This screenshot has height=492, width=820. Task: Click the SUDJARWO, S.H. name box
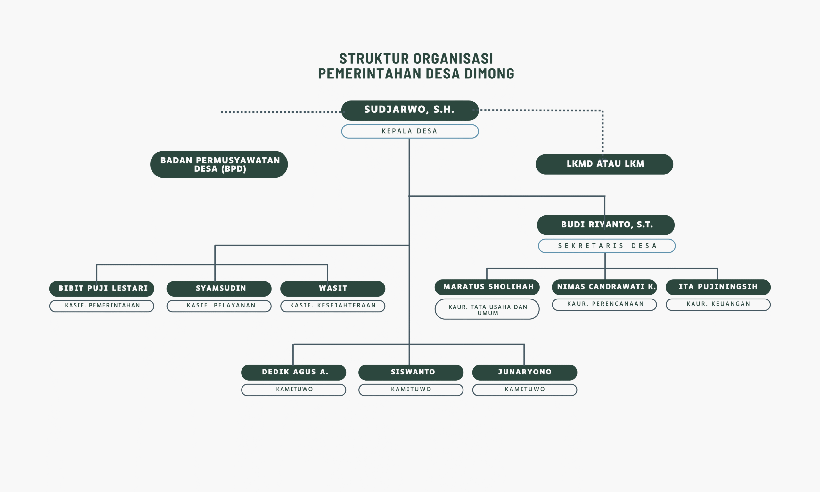click(x=410, y=111)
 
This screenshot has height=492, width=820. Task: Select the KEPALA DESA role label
click(x=410, y=131)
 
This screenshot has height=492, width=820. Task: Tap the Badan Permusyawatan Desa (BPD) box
click(x=219, y=164)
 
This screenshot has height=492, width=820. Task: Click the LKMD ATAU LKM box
click(x=604, y=164)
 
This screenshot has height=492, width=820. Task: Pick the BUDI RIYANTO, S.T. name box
click(x=606, y=225)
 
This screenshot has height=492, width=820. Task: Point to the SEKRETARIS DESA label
click(x=607, y=246)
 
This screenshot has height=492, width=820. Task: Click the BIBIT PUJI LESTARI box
click(x=102, y=288)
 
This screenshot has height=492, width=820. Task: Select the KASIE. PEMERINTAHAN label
click(x=102, y=306)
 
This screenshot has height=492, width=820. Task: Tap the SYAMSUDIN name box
click(x=219, y=288)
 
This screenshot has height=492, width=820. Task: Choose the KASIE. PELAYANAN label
click(x=219, y=306)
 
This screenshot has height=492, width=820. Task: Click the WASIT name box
click(x=333, y=288)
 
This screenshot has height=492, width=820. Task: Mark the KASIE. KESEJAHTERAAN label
click(x=333, y=306)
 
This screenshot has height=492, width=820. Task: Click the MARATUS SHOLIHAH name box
click(x=487, y=287)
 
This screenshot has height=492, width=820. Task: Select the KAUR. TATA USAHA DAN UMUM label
click(x=487, y=309)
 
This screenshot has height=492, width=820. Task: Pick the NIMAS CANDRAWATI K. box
click(x=604, y=287)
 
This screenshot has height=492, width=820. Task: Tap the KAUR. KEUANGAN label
click(x=718, y=305)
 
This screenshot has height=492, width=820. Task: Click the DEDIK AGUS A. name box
click(x=294, y=372)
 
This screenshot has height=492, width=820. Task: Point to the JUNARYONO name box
click(x=525, y=372)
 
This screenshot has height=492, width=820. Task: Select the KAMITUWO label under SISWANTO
click(x=411, y=390)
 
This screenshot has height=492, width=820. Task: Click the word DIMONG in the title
click(x=489, y=74)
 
